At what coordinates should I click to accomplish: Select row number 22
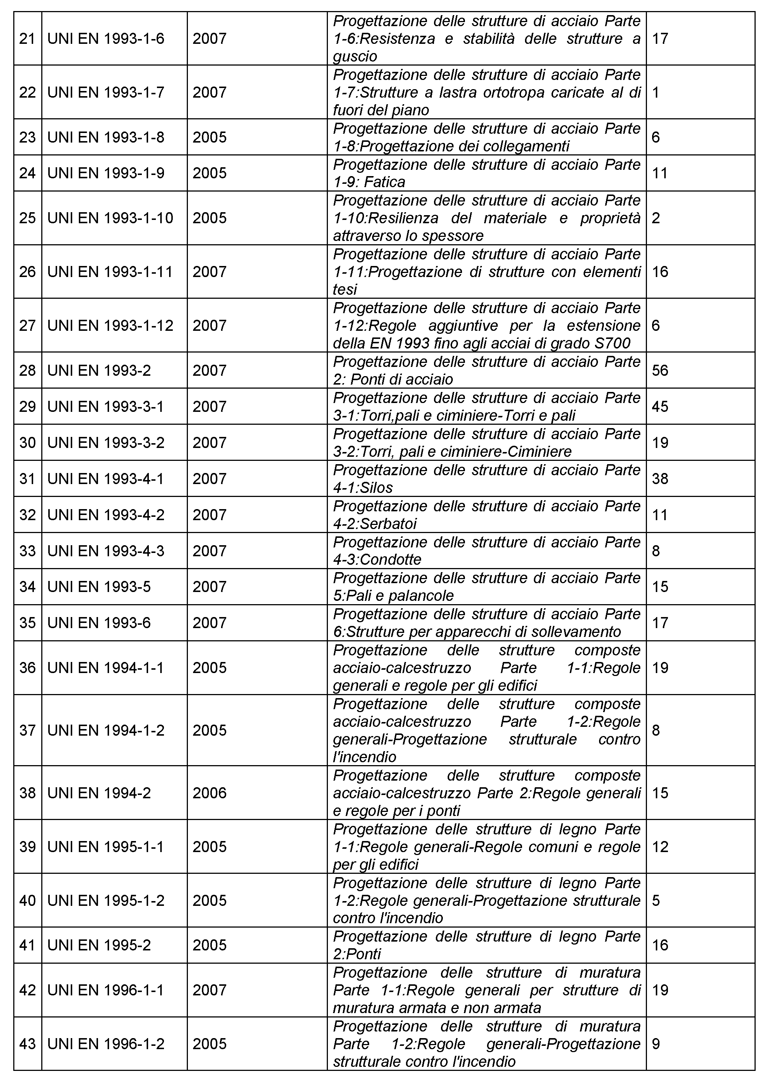tap(28, 92)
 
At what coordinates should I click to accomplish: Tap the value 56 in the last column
tap(660, 370)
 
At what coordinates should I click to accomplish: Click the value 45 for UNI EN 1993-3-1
tap(660, 406)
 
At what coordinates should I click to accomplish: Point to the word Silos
tap(377, 488)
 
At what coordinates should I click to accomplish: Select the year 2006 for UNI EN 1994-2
tap(210, 793)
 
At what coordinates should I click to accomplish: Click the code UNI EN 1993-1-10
tap(111, 218)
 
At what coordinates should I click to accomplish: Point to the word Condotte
tap(391, 560)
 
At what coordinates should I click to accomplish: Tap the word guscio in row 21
tap(355, 57)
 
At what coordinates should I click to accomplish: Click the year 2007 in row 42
tap(210, 990)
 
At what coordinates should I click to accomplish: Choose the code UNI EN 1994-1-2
tap(106, 731)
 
